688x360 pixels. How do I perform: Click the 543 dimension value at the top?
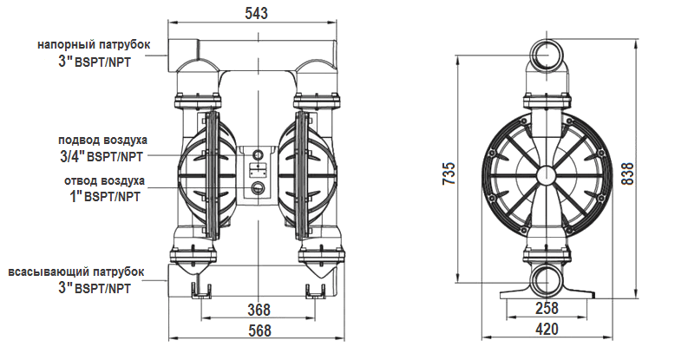(256, 12)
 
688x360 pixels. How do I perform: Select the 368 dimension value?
(259, 310)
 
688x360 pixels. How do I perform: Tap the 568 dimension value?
(259, 331)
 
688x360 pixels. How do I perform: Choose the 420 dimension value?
(547, 331)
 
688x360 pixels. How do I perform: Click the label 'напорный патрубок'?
(94, 44)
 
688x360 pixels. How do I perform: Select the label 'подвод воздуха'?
(102, 140)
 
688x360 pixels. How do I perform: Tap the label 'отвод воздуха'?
(104, 180)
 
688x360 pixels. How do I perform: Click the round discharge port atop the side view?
(547, 54)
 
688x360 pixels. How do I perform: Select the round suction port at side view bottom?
(547, 280)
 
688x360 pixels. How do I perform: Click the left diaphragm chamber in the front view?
(206, 173)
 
